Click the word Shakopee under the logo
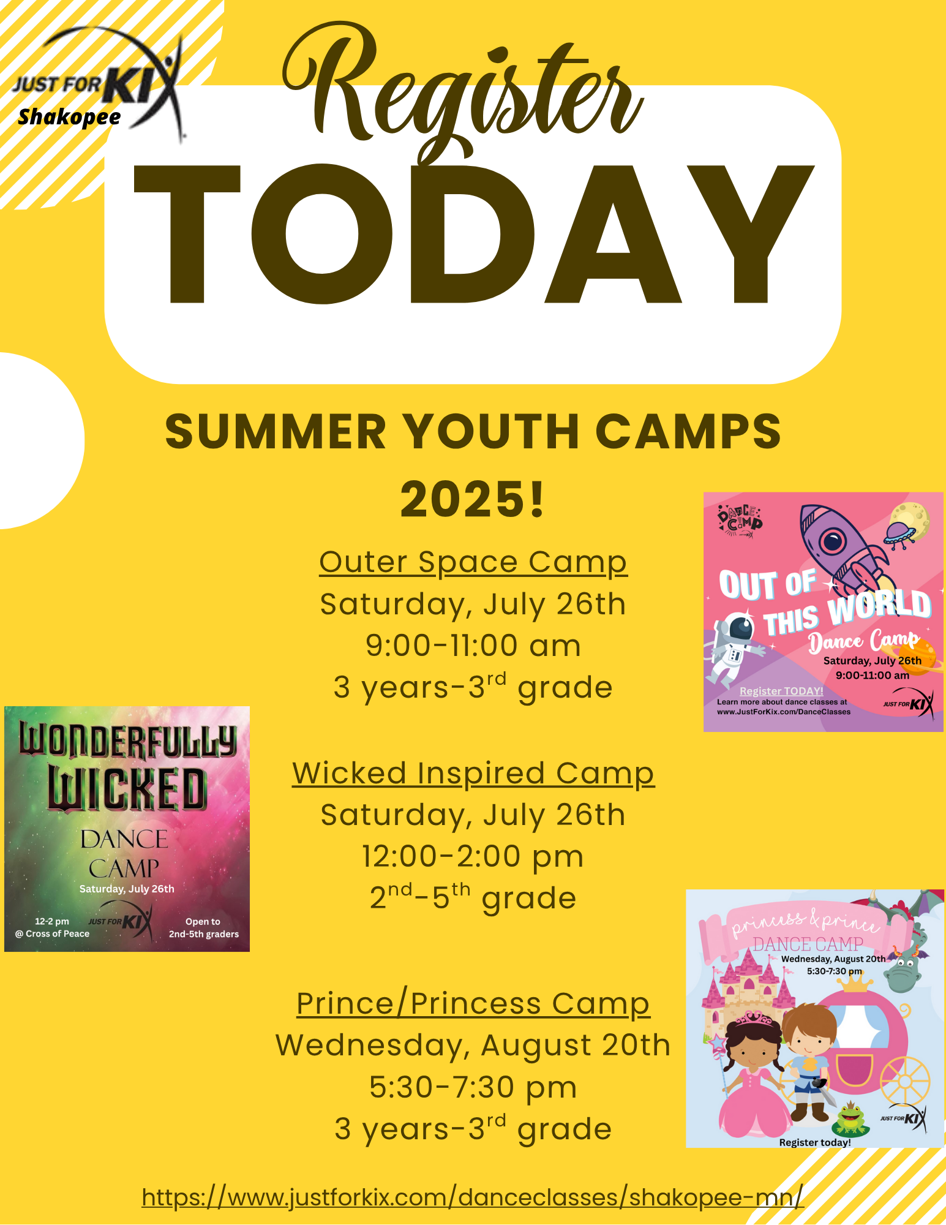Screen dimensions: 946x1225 tap(69, 116)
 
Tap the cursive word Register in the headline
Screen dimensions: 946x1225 tap(462, 92)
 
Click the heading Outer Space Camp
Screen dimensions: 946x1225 tap(473, 562)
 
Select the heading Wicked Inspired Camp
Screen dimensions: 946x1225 tap(473, 773)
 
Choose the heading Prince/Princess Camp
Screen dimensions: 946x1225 tap(473, 1004)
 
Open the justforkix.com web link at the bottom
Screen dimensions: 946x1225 tap(473, 1197)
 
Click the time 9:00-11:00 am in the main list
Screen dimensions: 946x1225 tap(473, 646)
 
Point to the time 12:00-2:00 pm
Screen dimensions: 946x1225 tap(473, 856)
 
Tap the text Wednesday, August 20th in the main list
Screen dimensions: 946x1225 tap(473, 1046)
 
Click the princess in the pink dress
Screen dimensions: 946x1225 tap(750, 1078)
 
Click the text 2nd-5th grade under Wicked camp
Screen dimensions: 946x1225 tap(473, 899)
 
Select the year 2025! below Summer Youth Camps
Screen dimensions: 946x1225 tap(473, 499)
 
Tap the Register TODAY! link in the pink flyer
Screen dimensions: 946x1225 tap(781, 691)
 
